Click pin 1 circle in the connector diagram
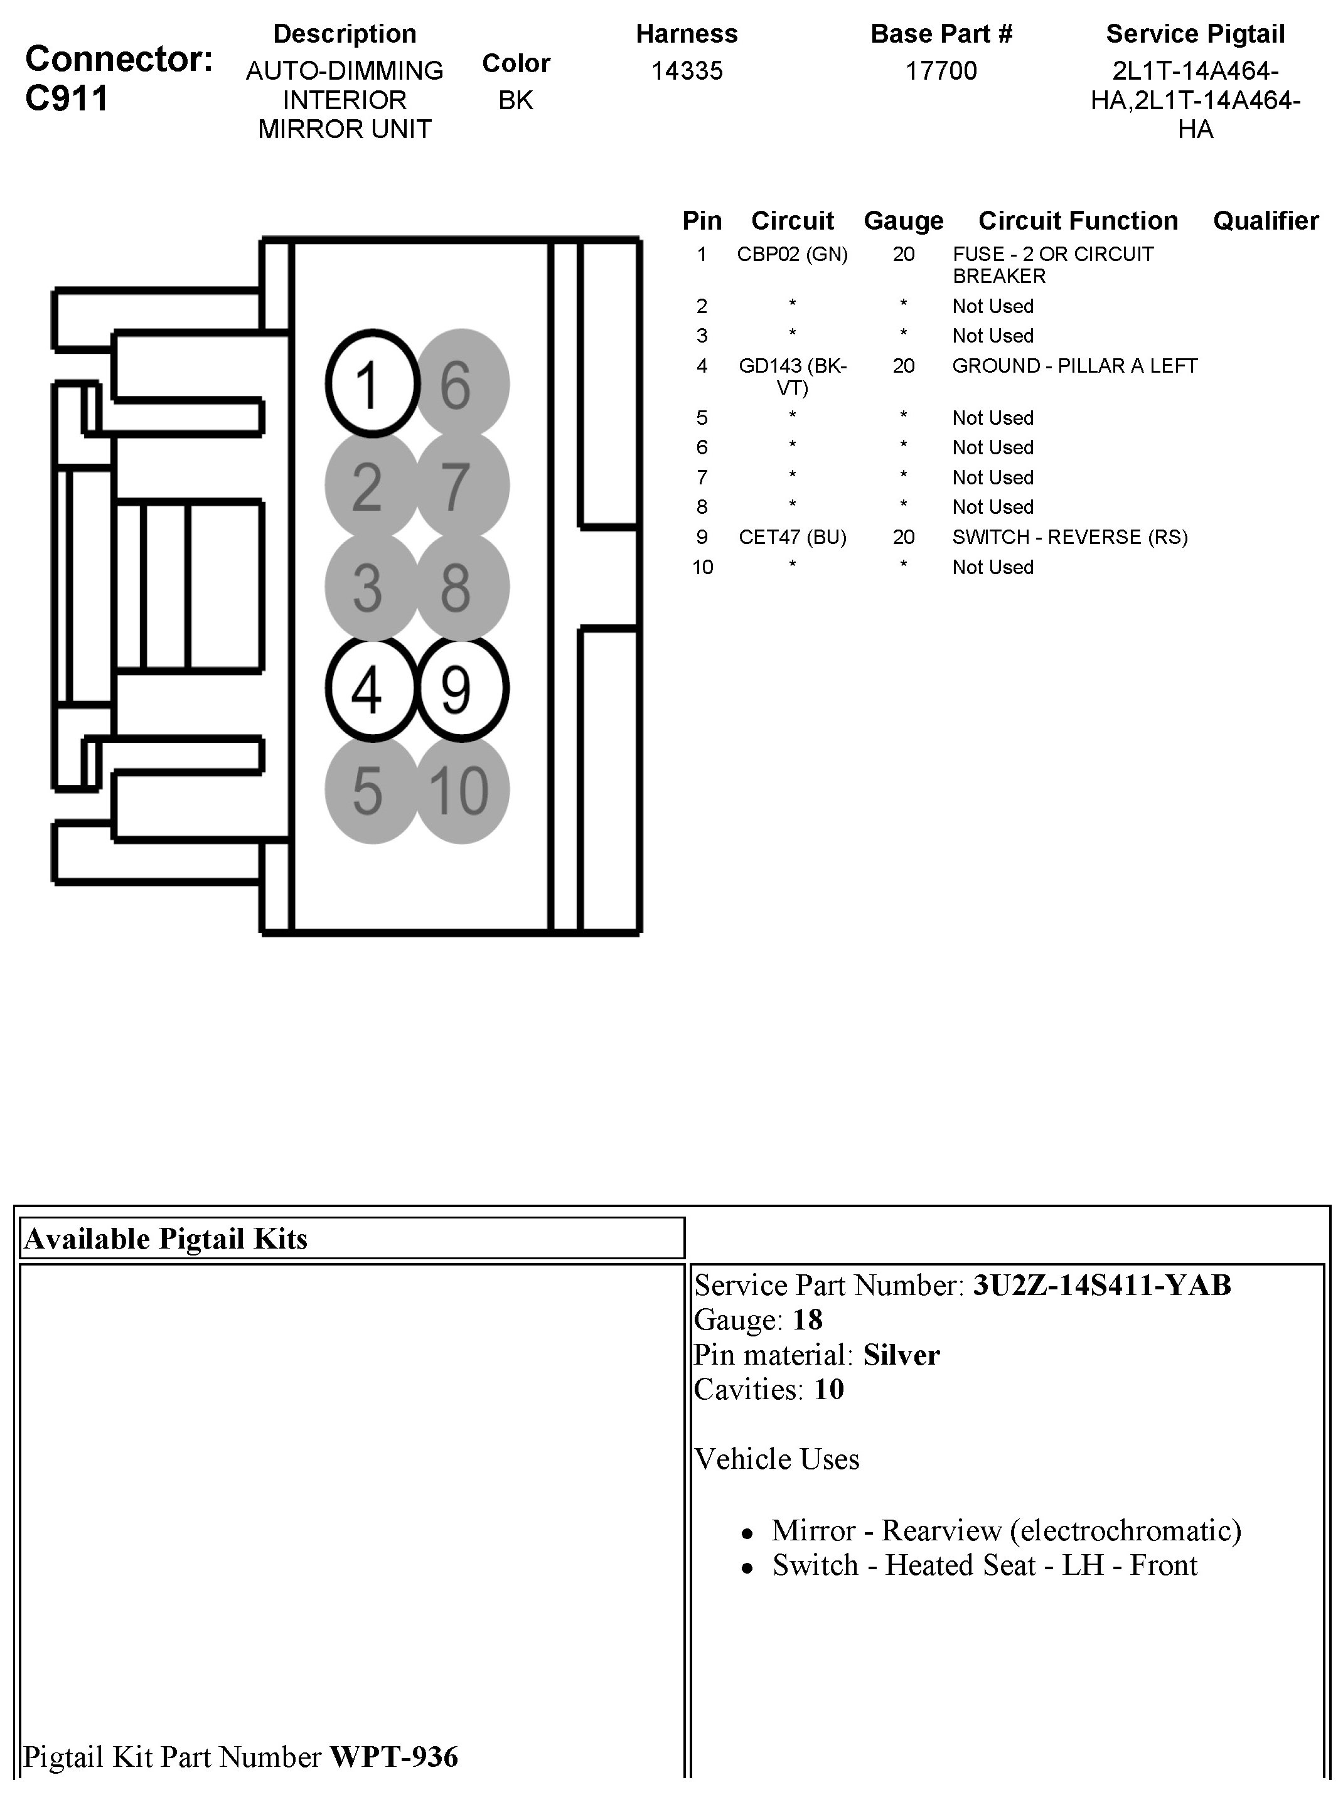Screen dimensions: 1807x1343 372,383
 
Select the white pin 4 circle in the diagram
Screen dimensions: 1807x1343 372,688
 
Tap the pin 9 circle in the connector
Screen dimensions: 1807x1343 462,688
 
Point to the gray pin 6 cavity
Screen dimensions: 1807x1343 462,383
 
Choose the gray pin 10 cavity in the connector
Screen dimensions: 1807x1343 462,790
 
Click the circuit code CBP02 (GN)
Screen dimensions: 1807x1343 792,255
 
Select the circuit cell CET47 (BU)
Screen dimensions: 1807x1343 792,537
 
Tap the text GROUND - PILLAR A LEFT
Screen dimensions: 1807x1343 1074,366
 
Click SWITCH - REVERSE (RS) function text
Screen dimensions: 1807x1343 1070,537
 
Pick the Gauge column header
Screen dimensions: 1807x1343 903,220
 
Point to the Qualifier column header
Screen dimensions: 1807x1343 1265,220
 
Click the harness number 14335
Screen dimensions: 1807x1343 687,71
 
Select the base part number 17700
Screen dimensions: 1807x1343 941,71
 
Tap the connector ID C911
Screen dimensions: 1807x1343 67,99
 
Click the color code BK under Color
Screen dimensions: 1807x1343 515,100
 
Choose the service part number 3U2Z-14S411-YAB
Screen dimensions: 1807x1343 1101,1285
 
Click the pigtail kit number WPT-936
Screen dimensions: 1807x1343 393,1757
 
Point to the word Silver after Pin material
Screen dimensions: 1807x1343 901,1355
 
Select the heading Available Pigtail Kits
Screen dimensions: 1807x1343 166,1239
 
